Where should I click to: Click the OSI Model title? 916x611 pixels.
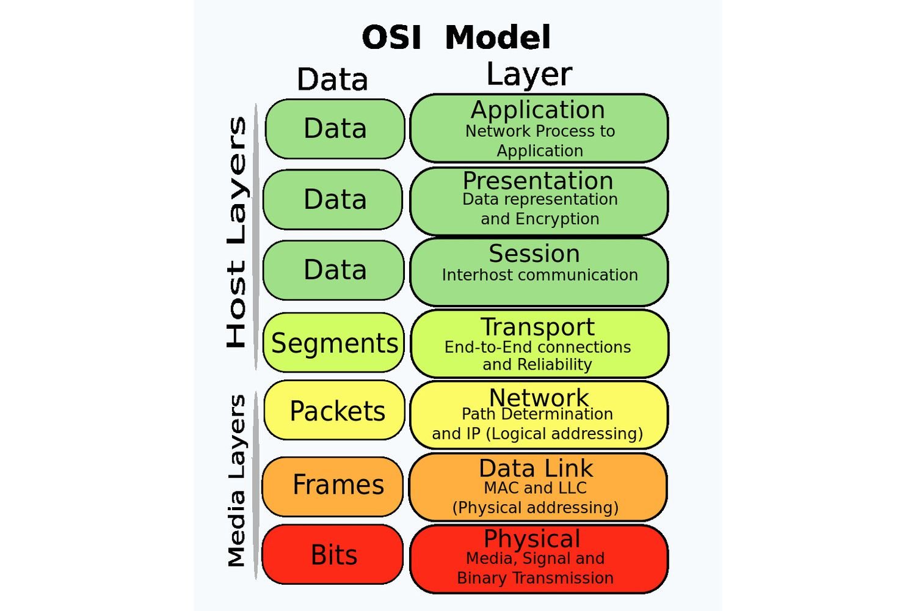pyautogui.click(x=456, y=38)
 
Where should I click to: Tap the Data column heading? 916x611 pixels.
pyautogui.click(x=332, y=80)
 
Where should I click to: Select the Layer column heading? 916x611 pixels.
pyautogui.click(x=529, y=75)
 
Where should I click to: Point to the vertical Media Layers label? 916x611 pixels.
pyautogui.click(x=237, y=481)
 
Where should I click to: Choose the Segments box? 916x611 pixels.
pyautogui.click(x=334, y=343)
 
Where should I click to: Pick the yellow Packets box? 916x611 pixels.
pyautogui.click(x=335, y=411)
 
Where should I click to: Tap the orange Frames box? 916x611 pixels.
pyautogui.click(x=333, y=485)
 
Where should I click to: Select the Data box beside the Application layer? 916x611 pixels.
pyautogui.click(x=335, y=129)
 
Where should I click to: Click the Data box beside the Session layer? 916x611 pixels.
pyautogui.click(x=334, y=270)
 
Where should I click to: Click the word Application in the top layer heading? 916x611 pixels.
pyautogui.click(x=538, y=110)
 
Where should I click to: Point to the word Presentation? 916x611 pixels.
pyautogui.click(x=538, y=181)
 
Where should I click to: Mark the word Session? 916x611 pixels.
pyautogui.click(x=534, y=254)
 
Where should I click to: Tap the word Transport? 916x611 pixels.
pyautogui.click(x=537, y=327)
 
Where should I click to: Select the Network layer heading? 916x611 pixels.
pyautogui.click(x=539, y=398)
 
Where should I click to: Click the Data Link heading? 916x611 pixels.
pyautogui.click(x=536, y=469)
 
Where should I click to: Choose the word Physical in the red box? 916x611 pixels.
pyautogui.click(x=532, y=539)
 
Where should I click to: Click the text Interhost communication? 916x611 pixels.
pyautogui.click(x=540, y=275)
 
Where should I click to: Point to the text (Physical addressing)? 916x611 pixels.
pyautogui.click(x=536, y=508)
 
